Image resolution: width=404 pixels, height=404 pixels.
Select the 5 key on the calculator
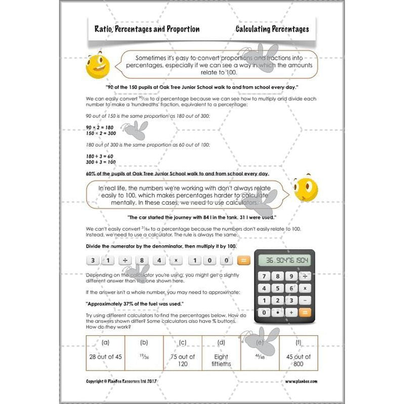277,289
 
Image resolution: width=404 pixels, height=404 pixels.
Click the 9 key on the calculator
291,276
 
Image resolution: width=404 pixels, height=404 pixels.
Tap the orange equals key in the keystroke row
244,261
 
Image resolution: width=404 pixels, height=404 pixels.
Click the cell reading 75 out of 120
182,360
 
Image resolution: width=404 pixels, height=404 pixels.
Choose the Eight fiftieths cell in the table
221,360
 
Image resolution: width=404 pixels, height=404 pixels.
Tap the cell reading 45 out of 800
298,360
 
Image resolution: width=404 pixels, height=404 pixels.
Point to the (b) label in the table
143,343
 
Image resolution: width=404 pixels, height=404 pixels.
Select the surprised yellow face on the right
305,189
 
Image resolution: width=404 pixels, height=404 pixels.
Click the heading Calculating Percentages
272,29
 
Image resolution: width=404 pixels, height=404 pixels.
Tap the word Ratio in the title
104,29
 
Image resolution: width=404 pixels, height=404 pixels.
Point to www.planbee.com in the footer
301,381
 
